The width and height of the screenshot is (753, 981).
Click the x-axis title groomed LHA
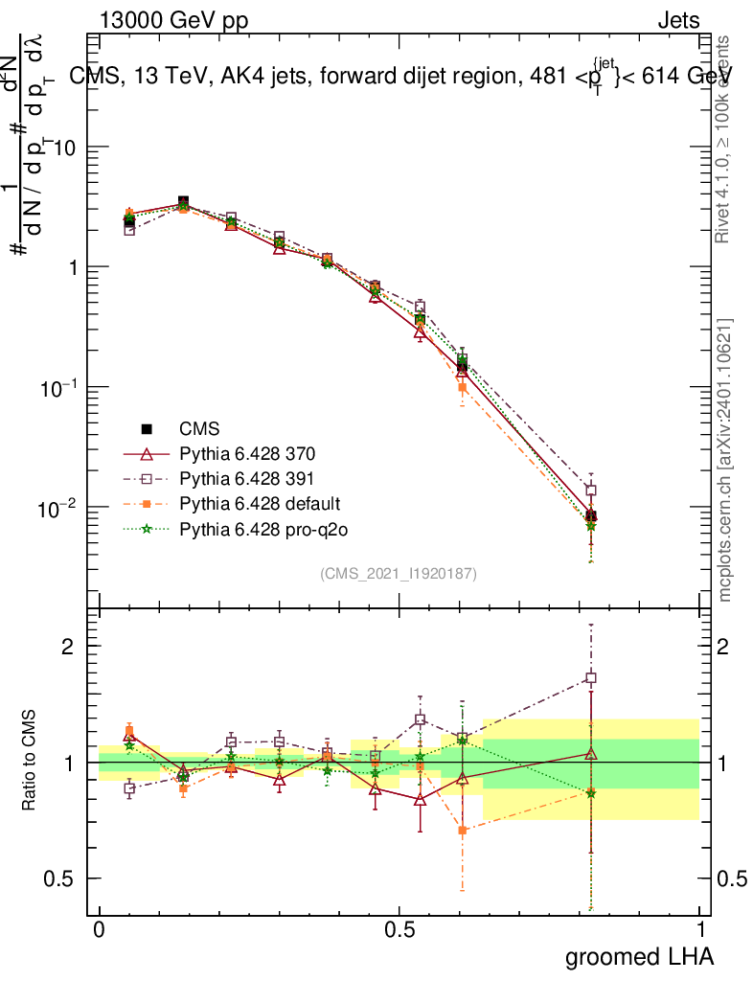click(x=640, y=956)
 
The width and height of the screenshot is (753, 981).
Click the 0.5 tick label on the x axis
click(x=399, y=930)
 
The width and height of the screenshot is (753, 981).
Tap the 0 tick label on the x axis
click(x=99, y=930)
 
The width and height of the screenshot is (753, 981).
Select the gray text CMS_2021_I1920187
click(x=399, y=573)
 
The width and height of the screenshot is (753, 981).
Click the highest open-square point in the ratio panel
click(x=591, y=677)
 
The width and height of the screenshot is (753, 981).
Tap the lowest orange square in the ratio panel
click(x=462, y=830)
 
